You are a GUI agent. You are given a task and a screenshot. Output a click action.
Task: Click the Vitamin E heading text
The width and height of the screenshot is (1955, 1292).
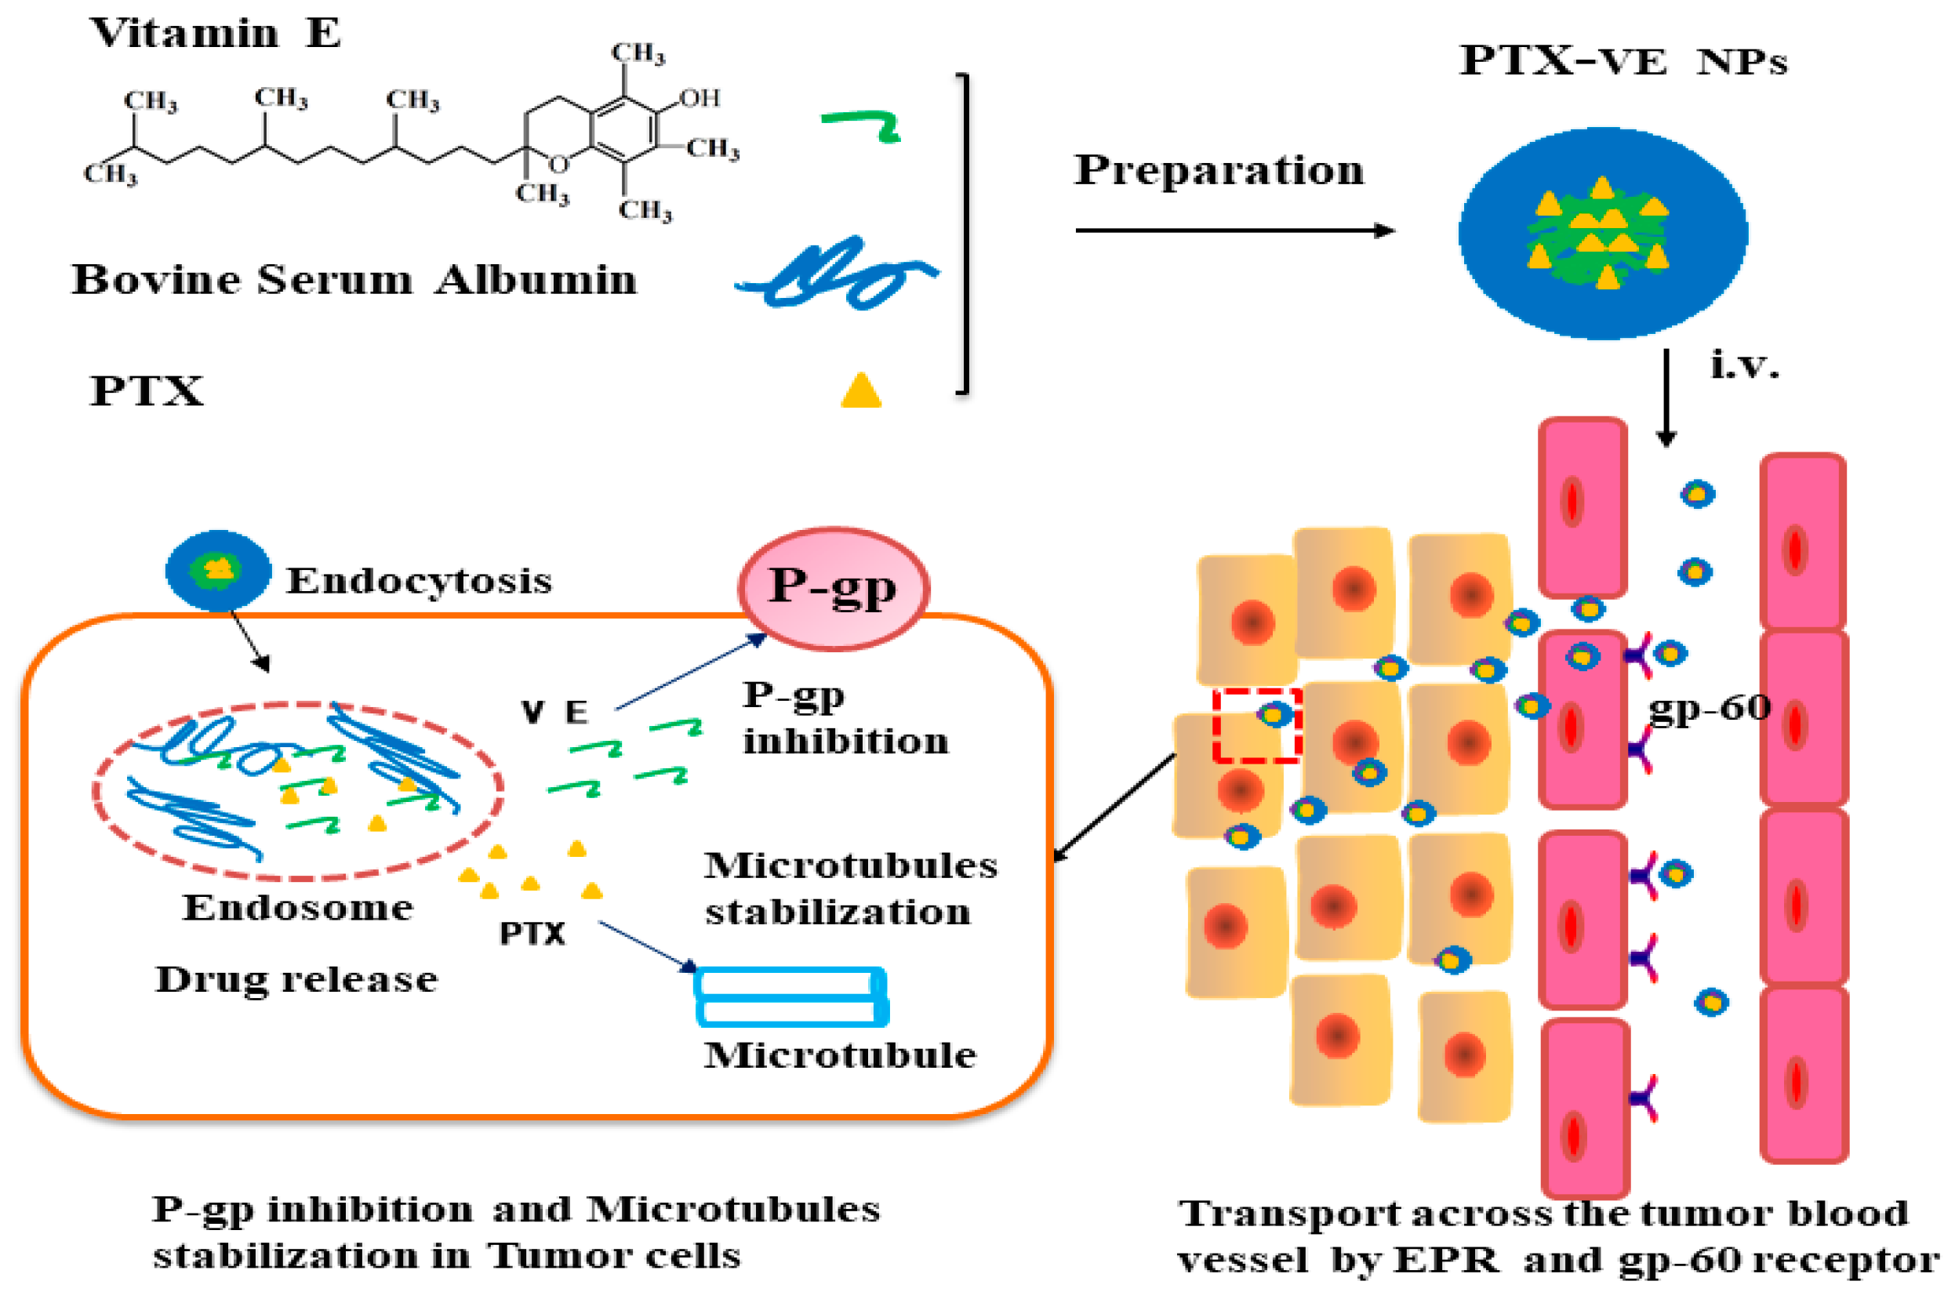pos(214,33)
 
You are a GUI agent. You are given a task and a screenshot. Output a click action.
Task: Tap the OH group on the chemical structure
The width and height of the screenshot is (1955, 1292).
pos(700,98)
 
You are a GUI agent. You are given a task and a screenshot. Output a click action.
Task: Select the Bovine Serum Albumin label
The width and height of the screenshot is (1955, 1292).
pos(354,279)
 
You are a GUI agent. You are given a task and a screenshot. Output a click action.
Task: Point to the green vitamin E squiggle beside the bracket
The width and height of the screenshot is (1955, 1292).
pos(861,124)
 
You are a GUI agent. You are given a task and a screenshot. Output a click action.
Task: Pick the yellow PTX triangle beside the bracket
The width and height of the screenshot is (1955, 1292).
pos(860,390)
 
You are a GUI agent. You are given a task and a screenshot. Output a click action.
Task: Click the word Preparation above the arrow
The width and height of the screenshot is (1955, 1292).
pos(1218,171)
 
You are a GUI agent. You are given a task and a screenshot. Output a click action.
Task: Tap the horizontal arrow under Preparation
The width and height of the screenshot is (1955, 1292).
pos(1234,230)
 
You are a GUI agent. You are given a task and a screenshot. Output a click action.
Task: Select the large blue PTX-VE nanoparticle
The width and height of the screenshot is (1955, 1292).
pos(1602,233)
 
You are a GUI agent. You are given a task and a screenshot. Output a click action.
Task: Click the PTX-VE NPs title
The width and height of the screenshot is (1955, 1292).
pos(1623,62)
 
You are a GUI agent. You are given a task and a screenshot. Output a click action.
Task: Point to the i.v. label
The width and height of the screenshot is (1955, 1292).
pos(1744,365)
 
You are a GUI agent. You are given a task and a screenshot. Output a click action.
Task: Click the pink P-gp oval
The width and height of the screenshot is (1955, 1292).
pos(834,588)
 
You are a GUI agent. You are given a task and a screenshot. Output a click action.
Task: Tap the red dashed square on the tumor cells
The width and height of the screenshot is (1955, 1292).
pos(1256,725)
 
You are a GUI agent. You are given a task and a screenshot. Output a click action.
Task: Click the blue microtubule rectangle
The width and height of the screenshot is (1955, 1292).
pos(791,996)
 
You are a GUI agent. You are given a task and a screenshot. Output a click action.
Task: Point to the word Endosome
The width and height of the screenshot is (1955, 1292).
pos(297,907)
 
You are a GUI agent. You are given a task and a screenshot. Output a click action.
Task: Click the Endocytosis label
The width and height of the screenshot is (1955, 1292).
pos(419,581)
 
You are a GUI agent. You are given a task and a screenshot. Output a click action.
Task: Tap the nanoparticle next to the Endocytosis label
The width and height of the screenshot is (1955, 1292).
pos(219,570)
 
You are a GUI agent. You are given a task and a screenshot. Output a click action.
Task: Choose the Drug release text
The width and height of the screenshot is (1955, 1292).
pos(296,980)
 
